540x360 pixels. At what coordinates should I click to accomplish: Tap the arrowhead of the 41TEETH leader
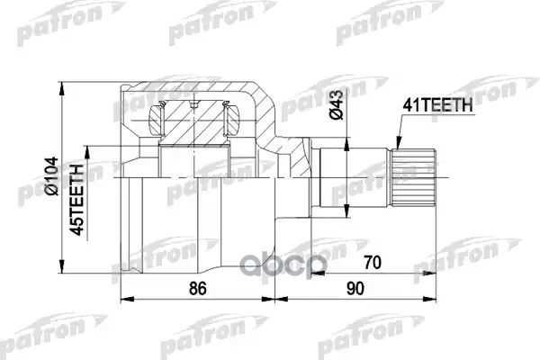click(x=396, y=144)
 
